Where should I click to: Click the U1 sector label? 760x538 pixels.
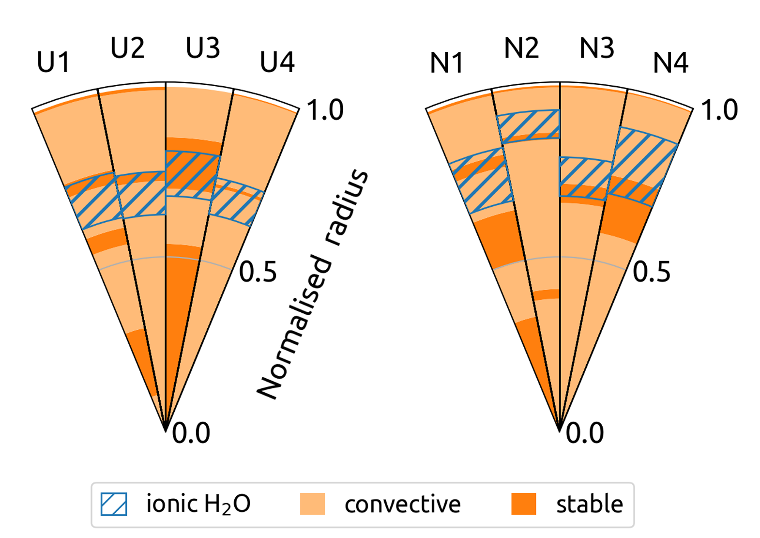pos(54,62)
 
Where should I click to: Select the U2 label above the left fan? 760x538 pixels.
pos(127,48)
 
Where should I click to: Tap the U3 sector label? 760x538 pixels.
pos(203,48)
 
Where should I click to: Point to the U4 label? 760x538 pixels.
pos(277,62)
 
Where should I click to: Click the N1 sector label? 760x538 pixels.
pos(447,63)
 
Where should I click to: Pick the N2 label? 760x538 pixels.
pos(521,48)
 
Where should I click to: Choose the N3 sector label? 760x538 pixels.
pos(597,48)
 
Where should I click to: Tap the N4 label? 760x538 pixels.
pos(670,62)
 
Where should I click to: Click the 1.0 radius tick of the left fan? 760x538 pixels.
pos(326,110)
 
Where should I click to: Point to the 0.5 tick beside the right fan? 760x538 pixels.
pos(652,272)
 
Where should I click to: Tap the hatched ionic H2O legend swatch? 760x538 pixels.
pos(114,504)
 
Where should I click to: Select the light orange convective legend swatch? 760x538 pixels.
pos(312,504)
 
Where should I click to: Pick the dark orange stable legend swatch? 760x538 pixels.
pos(524,504)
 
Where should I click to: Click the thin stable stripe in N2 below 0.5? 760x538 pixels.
pos(547,294)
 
